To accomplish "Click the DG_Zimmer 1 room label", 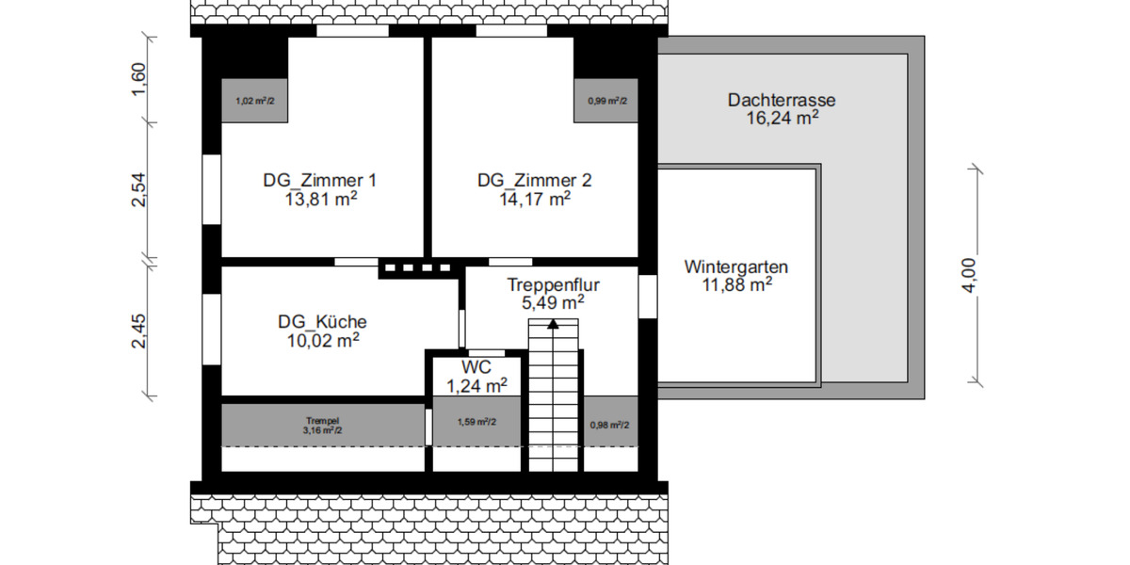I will point(320,180).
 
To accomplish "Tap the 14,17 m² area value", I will point(535,199).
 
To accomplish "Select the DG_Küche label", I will point(322,322).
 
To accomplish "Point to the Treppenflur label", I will point(554,284).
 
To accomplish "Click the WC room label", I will point(476,366).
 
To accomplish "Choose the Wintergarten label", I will point(736,266).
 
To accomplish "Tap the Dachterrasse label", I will point(782,100).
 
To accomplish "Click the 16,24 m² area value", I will point(782,118).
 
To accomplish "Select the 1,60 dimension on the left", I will point(138,79).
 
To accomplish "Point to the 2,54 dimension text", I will point(138,189).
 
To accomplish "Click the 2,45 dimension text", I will point(138,331).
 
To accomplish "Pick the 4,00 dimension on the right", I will point(970,275).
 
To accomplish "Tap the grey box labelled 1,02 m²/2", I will point(254,100).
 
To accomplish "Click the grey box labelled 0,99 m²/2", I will point(606,100).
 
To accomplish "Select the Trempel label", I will point(322,420).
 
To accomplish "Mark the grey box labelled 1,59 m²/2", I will point(476,422).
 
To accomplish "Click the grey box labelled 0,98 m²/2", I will point(609,425).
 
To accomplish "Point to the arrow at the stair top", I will point(553,323).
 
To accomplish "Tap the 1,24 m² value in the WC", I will point(476,384).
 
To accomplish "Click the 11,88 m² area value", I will point(736,284).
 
